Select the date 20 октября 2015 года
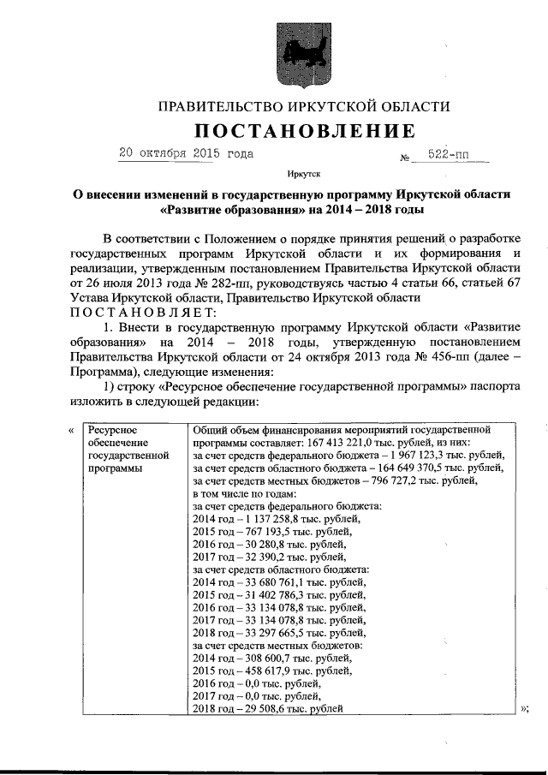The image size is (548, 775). (x=186, y=154)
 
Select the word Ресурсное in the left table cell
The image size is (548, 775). (x=113, y=430)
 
